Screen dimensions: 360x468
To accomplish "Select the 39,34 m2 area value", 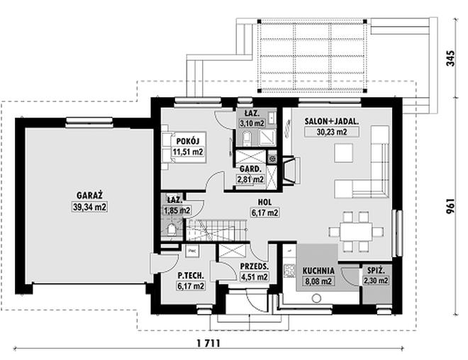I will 89,207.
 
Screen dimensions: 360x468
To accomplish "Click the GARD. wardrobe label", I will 250,169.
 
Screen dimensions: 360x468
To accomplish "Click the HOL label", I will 264,201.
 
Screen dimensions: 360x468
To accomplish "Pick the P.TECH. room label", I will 190,275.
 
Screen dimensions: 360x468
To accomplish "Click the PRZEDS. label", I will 254,266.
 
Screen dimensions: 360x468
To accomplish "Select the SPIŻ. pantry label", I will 375,270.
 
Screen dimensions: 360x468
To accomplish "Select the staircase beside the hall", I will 216,230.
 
